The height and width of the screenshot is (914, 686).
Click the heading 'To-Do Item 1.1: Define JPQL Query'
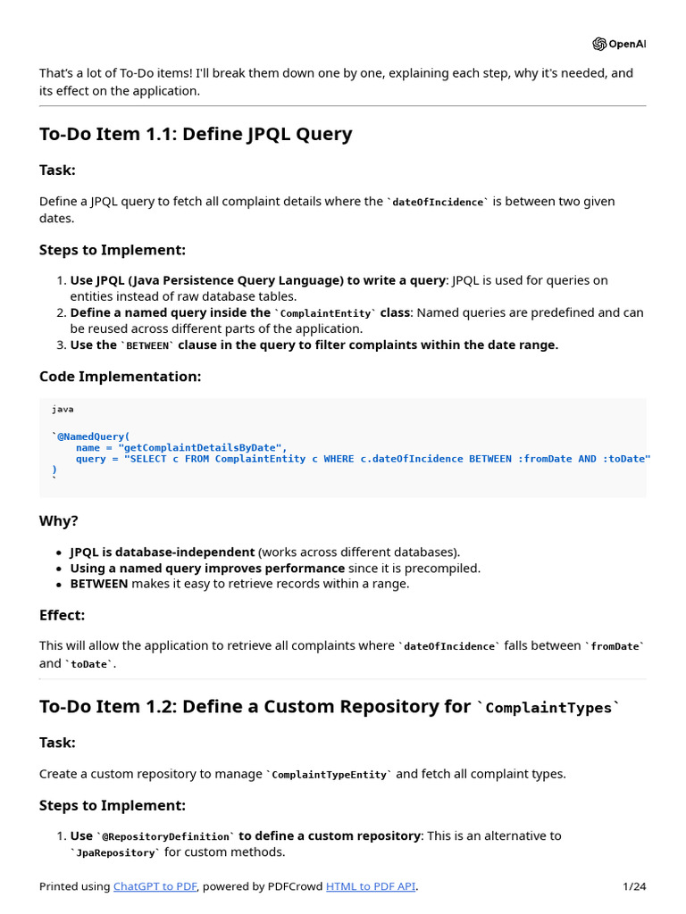[x=196, y=134]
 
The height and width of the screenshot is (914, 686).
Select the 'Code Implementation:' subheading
[x=120, y=377]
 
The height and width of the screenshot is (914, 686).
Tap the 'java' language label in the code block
[x=63, y=409]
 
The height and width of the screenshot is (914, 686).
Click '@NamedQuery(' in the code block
[x=93, y=436]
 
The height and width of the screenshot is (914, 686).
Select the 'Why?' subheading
[x=58, y=521]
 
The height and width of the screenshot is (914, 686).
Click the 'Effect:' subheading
[x=62, y=615]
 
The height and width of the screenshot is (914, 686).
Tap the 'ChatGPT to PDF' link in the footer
[x=155, y=886]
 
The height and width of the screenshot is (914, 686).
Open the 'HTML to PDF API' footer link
[x=370, y=886]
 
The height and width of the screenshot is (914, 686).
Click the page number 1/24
[x=634, y=886]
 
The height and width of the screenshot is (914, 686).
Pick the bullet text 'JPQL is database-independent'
[x=162, y=552]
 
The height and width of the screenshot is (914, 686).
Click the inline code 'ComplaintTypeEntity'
[x=329, y=775]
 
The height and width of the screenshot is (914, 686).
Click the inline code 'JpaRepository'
[x=115, y=853]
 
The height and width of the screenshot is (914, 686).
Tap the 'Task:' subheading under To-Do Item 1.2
[x=57, y=743]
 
